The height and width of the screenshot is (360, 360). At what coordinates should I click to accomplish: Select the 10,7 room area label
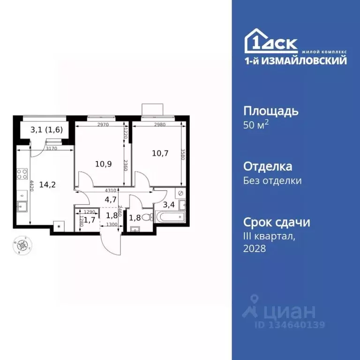pos(159,153)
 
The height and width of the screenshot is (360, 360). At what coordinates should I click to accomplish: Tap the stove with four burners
pos(22,175)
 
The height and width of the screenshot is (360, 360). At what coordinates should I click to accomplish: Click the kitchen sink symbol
pos(22,205)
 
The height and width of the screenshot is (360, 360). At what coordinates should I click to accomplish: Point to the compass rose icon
pos(22,244)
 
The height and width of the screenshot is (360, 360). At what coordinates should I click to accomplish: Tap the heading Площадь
pos(271,111)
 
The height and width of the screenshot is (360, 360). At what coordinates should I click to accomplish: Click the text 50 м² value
pos(256,126)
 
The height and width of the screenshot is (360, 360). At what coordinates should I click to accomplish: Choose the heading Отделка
pos(268,166)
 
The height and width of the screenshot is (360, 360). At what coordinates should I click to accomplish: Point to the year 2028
pos(255,249)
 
